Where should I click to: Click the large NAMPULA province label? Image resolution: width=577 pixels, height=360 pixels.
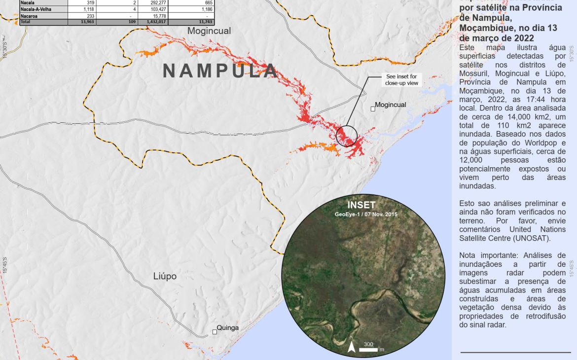coord(220,71)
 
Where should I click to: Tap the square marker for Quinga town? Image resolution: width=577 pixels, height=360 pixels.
coord(215,332)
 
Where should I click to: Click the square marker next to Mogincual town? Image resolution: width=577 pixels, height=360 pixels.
coord(373,108)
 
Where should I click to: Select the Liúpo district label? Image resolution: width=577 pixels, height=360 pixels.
coord(165,276)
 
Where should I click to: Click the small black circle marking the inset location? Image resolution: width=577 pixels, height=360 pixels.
coord(347,136)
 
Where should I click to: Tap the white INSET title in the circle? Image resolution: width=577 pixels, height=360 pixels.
coord(361,205)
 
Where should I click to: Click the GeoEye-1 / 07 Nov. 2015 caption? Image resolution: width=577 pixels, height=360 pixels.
coord(366,215)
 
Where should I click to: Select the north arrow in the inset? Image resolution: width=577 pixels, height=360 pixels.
coord(351,347)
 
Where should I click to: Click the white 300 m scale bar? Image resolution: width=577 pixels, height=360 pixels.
coord(368,350)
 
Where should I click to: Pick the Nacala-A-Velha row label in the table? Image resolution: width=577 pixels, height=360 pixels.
coord(36,9)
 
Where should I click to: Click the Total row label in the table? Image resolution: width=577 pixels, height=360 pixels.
coord(26,22)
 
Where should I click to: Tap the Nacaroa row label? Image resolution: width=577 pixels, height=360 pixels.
coord(31,15)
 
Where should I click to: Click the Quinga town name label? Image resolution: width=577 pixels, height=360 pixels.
coord(228,328)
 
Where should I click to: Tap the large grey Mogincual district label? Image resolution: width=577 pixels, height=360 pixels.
coord(209,31)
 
